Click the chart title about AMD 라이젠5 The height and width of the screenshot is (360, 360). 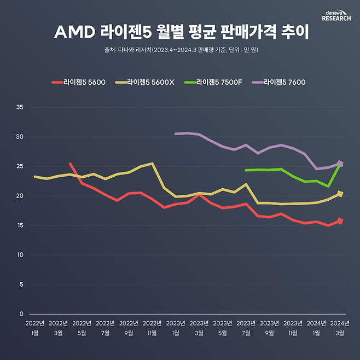(x=181, y=31)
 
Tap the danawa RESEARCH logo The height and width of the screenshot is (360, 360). (x=336, y=15)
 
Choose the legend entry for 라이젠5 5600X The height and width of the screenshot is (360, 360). (x=144, y=83)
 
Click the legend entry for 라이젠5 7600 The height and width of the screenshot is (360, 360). (x=278, y=83)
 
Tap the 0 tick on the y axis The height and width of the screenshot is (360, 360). (x=21, y=314)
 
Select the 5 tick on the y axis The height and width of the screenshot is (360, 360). (x=21, y=284)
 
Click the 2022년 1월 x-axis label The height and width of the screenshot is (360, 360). (x=34, y=327)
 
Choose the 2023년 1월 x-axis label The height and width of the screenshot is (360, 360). (x=175, y=327)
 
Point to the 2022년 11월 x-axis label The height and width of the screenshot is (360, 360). (x=152, y=327)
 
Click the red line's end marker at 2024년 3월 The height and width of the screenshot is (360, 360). (x=340, y=221)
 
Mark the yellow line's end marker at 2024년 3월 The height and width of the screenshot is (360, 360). (x=340, y=193)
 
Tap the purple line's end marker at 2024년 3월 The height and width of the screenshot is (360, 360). (x=340, y=163)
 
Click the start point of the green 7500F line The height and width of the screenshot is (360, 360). (x=246, y=170)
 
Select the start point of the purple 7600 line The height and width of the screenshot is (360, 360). (x=176, y=133)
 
